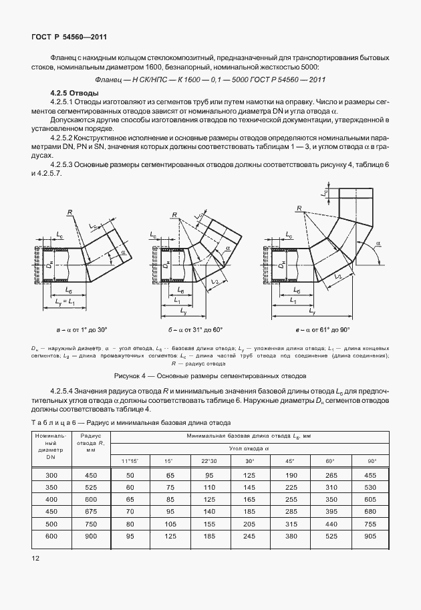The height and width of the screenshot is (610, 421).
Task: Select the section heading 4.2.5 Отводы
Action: tap(75, 92)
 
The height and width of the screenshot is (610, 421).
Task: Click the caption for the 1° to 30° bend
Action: tap(82, 330)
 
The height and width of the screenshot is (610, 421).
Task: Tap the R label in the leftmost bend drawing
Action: tap(69, 212)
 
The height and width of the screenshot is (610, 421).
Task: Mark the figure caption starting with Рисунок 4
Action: tap(210, 375)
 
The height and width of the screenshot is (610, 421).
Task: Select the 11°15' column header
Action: tap(130, 461)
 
